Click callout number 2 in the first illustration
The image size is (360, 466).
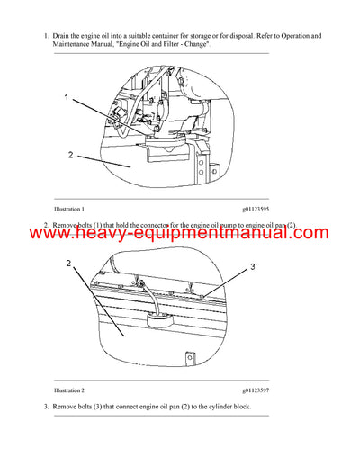69,155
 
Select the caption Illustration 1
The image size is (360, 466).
71,209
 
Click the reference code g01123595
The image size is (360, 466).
259,209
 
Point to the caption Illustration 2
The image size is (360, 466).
71,391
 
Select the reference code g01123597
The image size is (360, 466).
259,391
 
